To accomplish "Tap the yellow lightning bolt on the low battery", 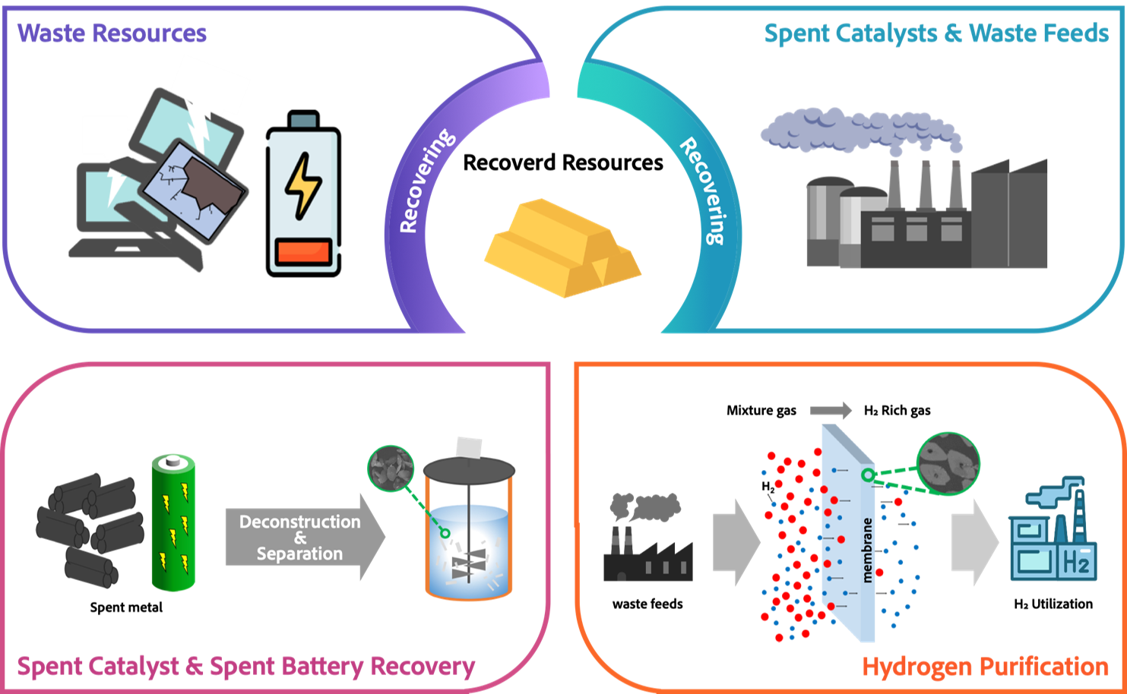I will coord(302,186).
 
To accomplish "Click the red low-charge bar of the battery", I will coord(303,252).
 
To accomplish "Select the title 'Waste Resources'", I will coord(112,33).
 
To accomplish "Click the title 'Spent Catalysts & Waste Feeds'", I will coord(935,33).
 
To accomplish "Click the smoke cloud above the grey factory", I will coord(859,129).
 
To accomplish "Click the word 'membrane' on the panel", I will coord(867,550).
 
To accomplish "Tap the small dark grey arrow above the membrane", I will coord(831,411).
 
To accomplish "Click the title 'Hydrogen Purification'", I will coord(985,667).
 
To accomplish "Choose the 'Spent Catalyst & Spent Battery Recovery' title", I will coord(245,667).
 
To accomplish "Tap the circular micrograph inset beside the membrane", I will coord(948,463).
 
